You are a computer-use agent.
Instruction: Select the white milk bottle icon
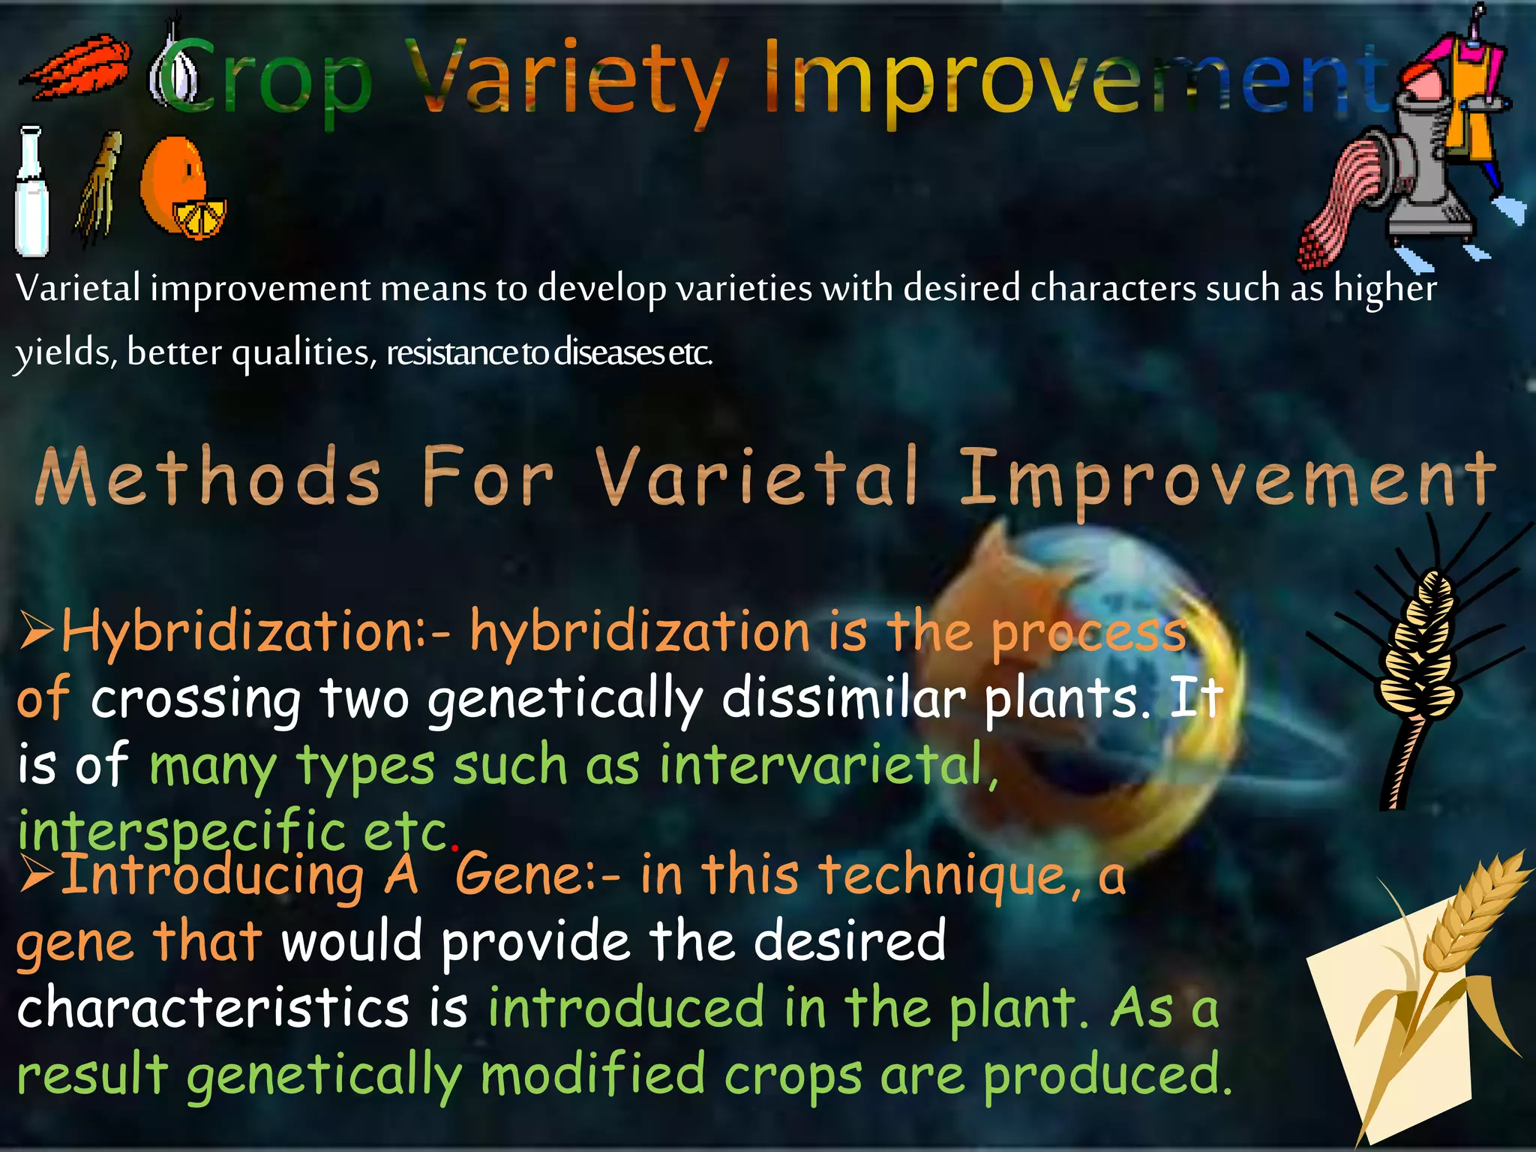pos(31,192)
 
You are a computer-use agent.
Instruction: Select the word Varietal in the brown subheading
pos(757,477)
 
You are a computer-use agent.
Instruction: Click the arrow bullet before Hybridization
pos(36,630)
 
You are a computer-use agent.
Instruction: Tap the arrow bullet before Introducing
pos(36,874)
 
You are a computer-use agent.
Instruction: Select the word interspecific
pos(180,832)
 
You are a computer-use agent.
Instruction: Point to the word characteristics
pos(213,1008)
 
